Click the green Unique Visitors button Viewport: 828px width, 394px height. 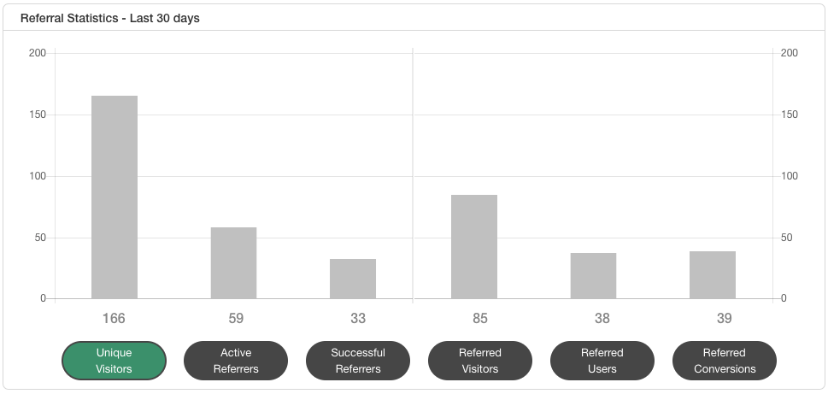point(114,361)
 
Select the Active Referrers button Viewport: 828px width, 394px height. point(236,361)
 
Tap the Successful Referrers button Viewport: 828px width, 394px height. point(358,361)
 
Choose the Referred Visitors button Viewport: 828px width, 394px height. point(480,361)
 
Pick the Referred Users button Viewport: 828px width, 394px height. point(602,361)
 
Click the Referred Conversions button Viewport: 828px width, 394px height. point(725,361)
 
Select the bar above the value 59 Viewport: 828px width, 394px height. point(234,262)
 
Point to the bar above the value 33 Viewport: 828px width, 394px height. point(353,279)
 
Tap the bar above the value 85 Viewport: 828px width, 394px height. point(474,246)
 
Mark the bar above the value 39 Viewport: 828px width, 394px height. point(713,274)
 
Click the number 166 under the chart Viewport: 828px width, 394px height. point(114,319)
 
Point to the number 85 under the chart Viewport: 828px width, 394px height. point(480,319)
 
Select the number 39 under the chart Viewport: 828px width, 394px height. point(725,319)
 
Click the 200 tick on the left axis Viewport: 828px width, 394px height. point(38,53)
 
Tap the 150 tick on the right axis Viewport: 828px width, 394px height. point(790,115)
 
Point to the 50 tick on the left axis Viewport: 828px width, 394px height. point(40,238)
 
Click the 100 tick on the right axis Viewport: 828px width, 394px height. point(790,176)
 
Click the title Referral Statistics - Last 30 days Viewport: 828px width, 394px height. point(110,18)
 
